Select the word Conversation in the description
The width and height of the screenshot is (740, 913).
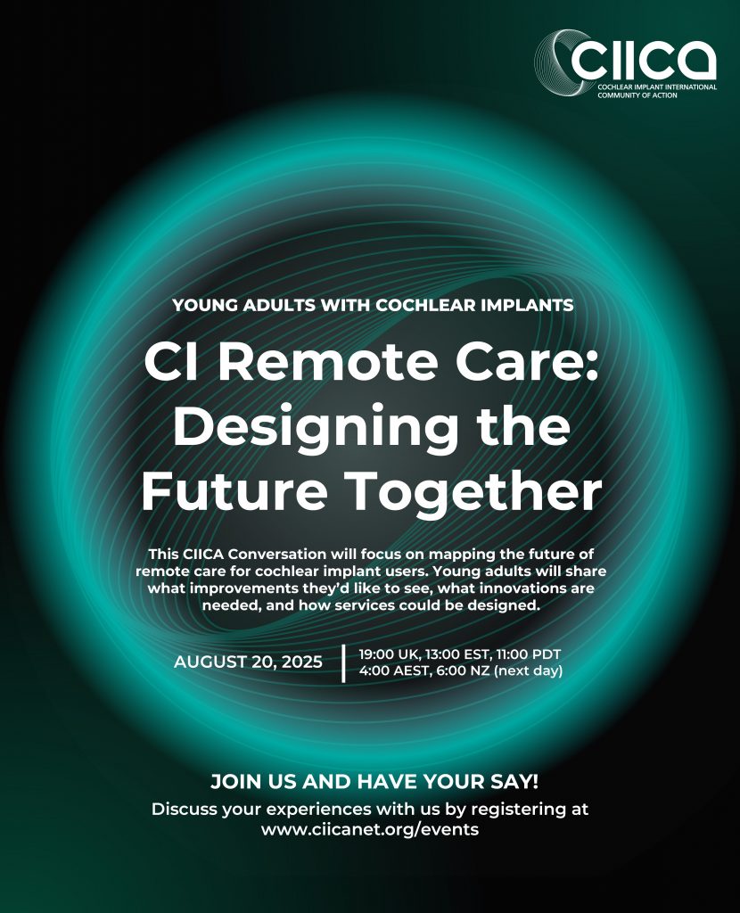[x=277, y=554]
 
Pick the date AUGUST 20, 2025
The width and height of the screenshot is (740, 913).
[x=248, y=662]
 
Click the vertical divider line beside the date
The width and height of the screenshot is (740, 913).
[x=343, y=662]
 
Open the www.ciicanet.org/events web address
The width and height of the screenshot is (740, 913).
[x=370, y=829]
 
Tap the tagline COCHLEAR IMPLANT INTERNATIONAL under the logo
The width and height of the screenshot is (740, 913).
[x=657, y=86]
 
